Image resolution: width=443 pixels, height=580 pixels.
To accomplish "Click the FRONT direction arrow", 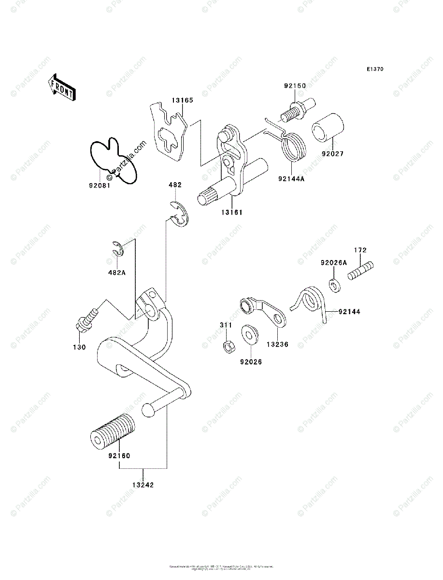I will pyautogui.click(x=61, y=87).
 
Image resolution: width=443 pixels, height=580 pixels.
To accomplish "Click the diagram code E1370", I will pyautogui.click(x=374, y=70).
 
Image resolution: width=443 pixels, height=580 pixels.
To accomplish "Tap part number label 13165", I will pyautogui.click(x=182, y=101).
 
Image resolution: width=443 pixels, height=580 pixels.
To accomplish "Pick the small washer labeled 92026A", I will pyautogui.click(x=334, y=284).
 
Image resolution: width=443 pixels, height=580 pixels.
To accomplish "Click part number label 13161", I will pyautogui.click(x=232, y=212).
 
